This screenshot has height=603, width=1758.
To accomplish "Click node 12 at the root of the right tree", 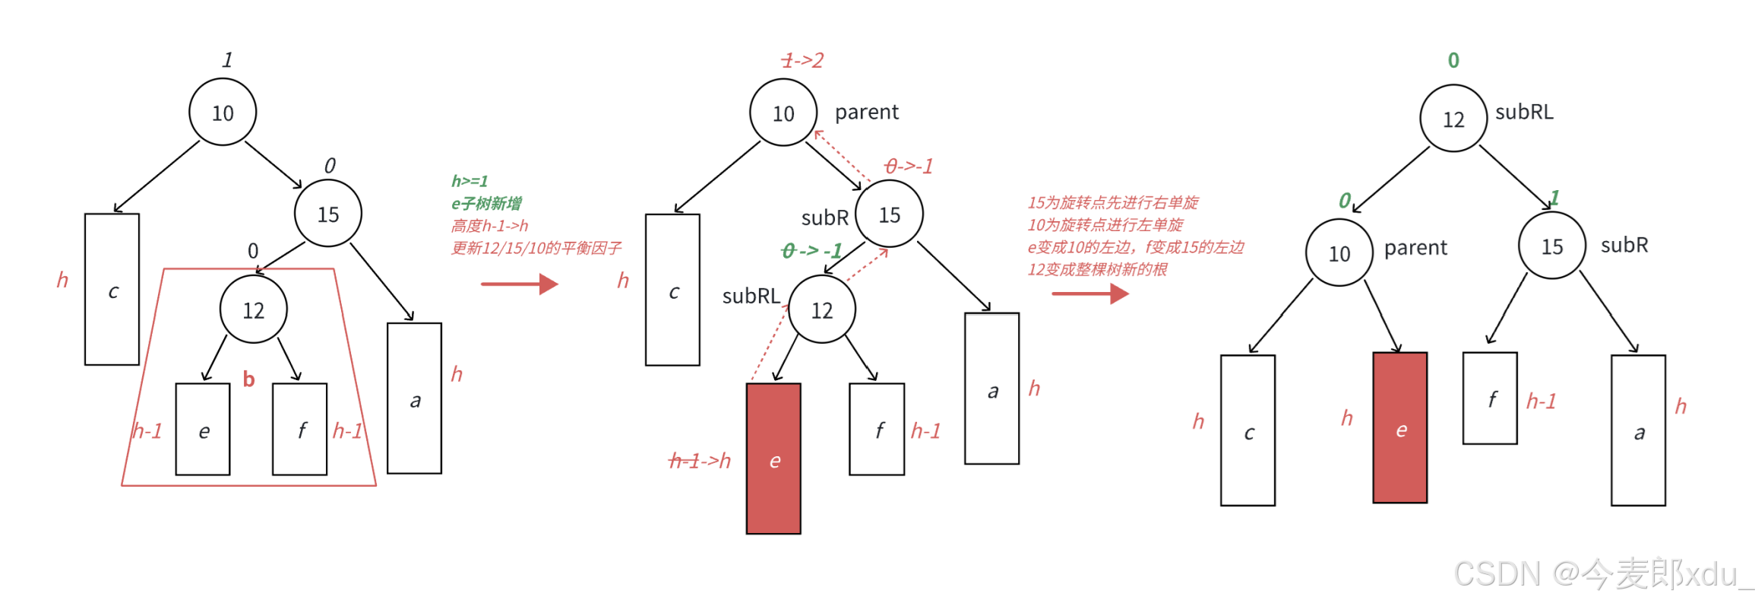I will pos(1453,119).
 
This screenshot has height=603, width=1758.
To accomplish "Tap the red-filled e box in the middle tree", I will pos(773,458).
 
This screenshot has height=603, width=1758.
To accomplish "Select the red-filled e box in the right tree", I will pos(1399,427).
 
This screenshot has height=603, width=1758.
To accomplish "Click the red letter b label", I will pos(248,379).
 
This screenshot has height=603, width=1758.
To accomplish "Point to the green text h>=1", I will pos(470,181).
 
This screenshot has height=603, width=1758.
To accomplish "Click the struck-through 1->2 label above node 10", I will pos(802,60).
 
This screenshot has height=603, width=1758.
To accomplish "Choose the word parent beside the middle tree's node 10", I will pos(866,113).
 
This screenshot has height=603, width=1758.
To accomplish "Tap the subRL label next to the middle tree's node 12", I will pos(751,296).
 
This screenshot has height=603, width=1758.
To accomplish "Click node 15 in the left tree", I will pos(327,214).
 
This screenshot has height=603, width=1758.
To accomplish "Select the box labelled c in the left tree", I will pos(112,290).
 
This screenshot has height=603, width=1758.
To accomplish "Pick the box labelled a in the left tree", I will pos(414,398).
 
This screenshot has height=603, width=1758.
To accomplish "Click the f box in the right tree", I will pos(1490,398).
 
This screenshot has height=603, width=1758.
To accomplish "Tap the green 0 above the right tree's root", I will pos(1453,60).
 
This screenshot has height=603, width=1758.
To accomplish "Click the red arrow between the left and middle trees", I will pos(520,284).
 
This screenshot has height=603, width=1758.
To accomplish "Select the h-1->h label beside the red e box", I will pos(700,460).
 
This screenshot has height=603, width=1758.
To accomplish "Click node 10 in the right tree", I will pos(1339,252).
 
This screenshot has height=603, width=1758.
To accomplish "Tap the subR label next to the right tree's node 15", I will pos(1624,245).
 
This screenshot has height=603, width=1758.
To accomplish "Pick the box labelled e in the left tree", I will pos(203,430).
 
